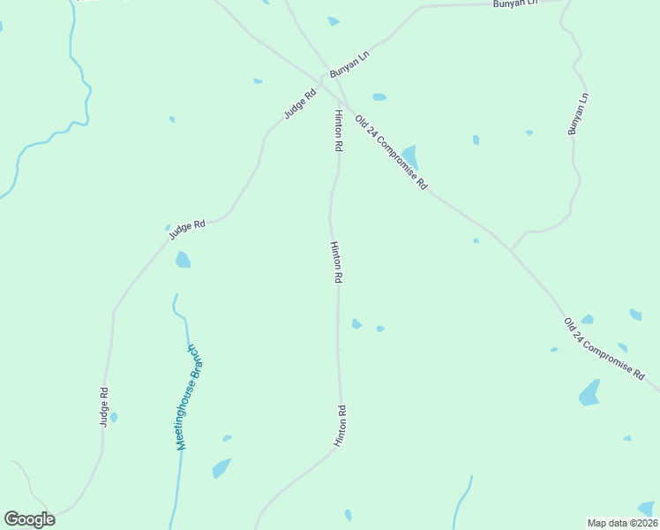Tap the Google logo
(x=29, y=519)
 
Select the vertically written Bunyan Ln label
(x=578, y=113)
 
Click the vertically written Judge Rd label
(x=104, y=407)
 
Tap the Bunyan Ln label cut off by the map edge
(x=515, y=4)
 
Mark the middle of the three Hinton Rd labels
(x=336, y=261)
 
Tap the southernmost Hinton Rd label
(x=340, y=425)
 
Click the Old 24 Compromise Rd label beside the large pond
(x=391, y=152)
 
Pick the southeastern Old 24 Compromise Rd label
(x=604, y=349)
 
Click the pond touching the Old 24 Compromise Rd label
(x=410, y=156)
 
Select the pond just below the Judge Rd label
(x=183, y=259)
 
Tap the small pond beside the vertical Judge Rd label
(x=114, y=417)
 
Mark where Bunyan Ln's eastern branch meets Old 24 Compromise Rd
(x=510, y=250)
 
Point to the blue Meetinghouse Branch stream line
(x=181, y=468)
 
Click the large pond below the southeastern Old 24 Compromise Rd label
(x=589, y=393)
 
